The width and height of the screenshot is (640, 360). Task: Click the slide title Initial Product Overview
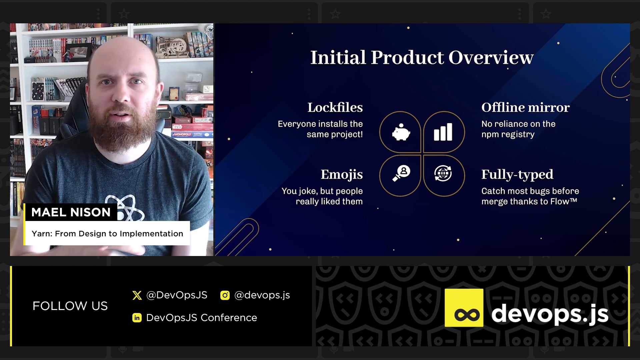click(x=422, y=57)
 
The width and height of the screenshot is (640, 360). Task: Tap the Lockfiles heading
click(x=335, y=107)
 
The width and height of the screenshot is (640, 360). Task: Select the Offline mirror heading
click(x=525, y=107)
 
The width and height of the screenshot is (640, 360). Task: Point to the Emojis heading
click(x=342, y=175)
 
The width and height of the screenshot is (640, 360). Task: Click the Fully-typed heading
click(x=517, y=175)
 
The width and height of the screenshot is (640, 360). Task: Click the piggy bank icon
click(x=401, y=132)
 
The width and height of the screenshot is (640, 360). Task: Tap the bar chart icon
click(x=443, y=132)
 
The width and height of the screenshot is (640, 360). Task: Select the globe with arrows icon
click(x=443, y=173)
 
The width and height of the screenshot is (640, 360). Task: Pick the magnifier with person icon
click(x=401, y=173)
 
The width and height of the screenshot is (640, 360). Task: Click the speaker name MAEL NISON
click(x=71, y=212)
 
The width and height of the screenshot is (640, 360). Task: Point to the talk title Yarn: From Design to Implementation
click(x=107, y=234)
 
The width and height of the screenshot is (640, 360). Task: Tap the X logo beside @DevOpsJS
click(x=137, y=295)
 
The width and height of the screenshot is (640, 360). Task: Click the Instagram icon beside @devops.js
click(x=225, y=295)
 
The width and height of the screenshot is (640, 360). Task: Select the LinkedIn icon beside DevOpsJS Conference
click(x=137, y=318)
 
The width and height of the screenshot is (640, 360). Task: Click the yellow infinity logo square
click(x=464, y=308)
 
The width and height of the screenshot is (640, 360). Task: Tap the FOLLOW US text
click(x=70, y=306)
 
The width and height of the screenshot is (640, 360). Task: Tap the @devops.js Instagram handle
click(x=262, y=295)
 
